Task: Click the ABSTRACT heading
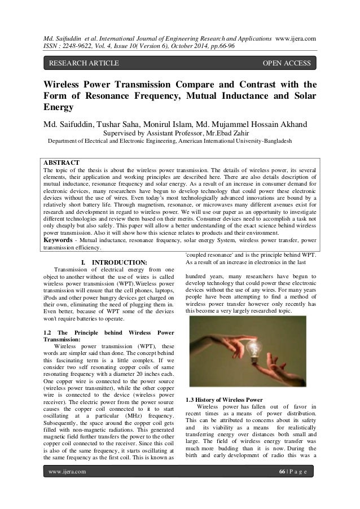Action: click(x=63, y=162)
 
